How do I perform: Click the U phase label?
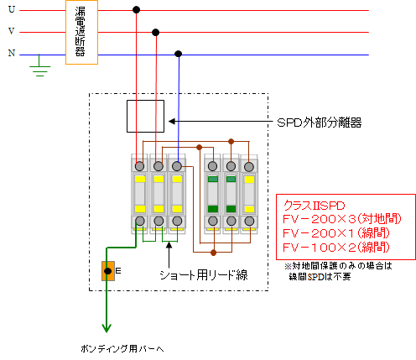12,9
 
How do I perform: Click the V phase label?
12,31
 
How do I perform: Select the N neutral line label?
12,53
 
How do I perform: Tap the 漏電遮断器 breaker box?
81,33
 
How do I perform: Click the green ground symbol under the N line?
39,68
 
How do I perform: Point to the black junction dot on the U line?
136,10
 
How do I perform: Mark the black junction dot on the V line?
156,33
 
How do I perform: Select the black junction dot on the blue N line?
178,54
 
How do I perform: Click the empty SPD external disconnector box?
145,116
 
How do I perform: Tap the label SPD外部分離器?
320,123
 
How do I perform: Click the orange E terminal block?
108,271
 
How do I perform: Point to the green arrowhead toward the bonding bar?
107,328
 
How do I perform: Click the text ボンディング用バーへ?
122,348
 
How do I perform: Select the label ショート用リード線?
204,275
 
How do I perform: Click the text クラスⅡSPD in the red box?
315,206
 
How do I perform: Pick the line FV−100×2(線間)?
336,248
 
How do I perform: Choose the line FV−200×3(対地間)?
342,219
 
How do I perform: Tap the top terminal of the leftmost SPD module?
139,166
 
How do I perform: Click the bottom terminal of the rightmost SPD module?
249,221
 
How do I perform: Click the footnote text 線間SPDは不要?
320,277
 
